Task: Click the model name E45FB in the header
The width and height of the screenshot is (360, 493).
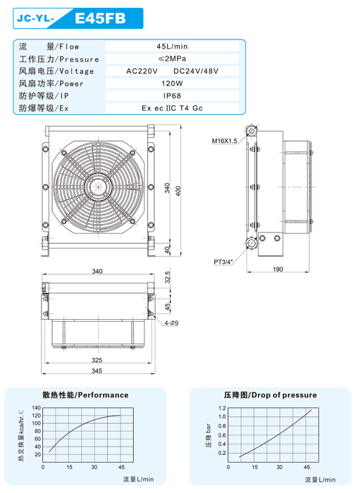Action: (x=100, y=18)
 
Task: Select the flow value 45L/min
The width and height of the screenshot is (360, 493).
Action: (x=172, y=46)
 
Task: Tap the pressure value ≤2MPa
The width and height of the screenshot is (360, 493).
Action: (x=172, y=58)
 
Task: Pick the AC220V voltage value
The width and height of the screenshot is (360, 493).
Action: (x=142, y=71)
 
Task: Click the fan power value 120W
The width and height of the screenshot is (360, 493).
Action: (x=172, y=84)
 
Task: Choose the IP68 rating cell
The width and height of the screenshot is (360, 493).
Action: (x=172, y=96)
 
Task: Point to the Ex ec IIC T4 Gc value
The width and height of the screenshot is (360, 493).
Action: (x=172, y=108)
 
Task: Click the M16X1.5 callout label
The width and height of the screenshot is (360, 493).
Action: (x=224, y=141)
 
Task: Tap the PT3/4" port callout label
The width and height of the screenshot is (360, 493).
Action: (x=223, y=261)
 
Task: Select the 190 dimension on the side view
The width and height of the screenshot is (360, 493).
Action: (x=278, y=269)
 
